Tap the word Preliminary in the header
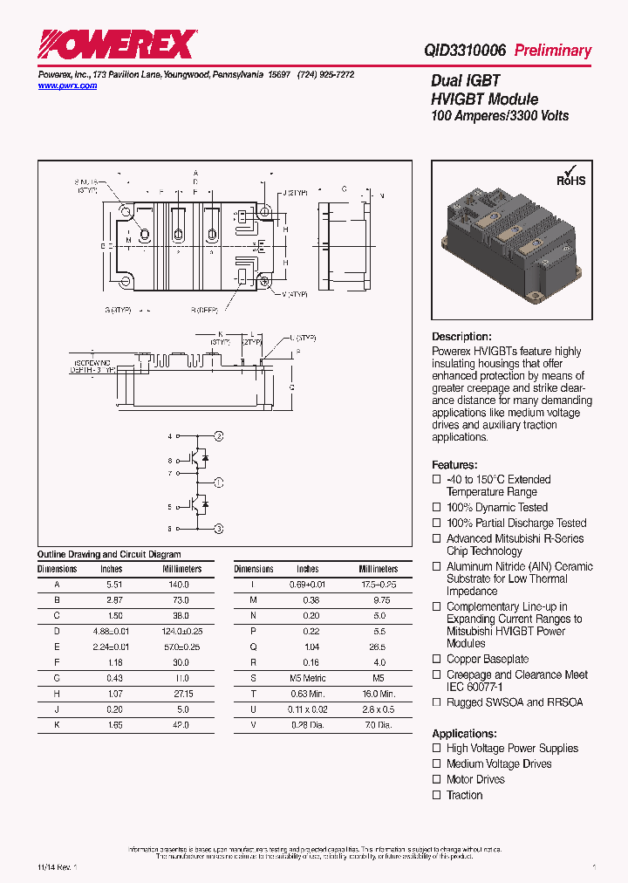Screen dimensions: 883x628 pos(552,51)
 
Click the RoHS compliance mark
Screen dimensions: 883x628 pos(571,177)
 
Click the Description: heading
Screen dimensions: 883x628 pos(461,337)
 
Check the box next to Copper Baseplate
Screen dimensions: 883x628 pos(437,660)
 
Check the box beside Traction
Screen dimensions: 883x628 pos(437,796)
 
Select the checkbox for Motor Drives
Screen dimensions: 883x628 pos(437,780)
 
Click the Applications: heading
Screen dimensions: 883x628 pos(464,734)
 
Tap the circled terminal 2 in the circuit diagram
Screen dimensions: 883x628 pos(219,435)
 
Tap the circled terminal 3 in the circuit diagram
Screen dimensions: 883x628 pos(219,529)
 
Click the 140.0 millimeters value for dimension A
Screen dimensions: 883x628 pos(178,585)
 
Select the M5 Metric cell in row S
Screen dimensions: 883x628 pos(307,679)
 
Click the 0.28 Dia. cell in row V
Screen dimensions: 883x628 pos(307,726)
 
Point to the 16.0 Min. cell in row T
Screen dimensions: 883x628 pos(378,695)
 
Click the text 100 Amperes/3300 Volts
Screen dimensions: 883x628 pos(500,116)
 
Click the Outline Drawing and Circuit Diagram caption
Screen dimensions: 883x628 pos(109,554)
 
